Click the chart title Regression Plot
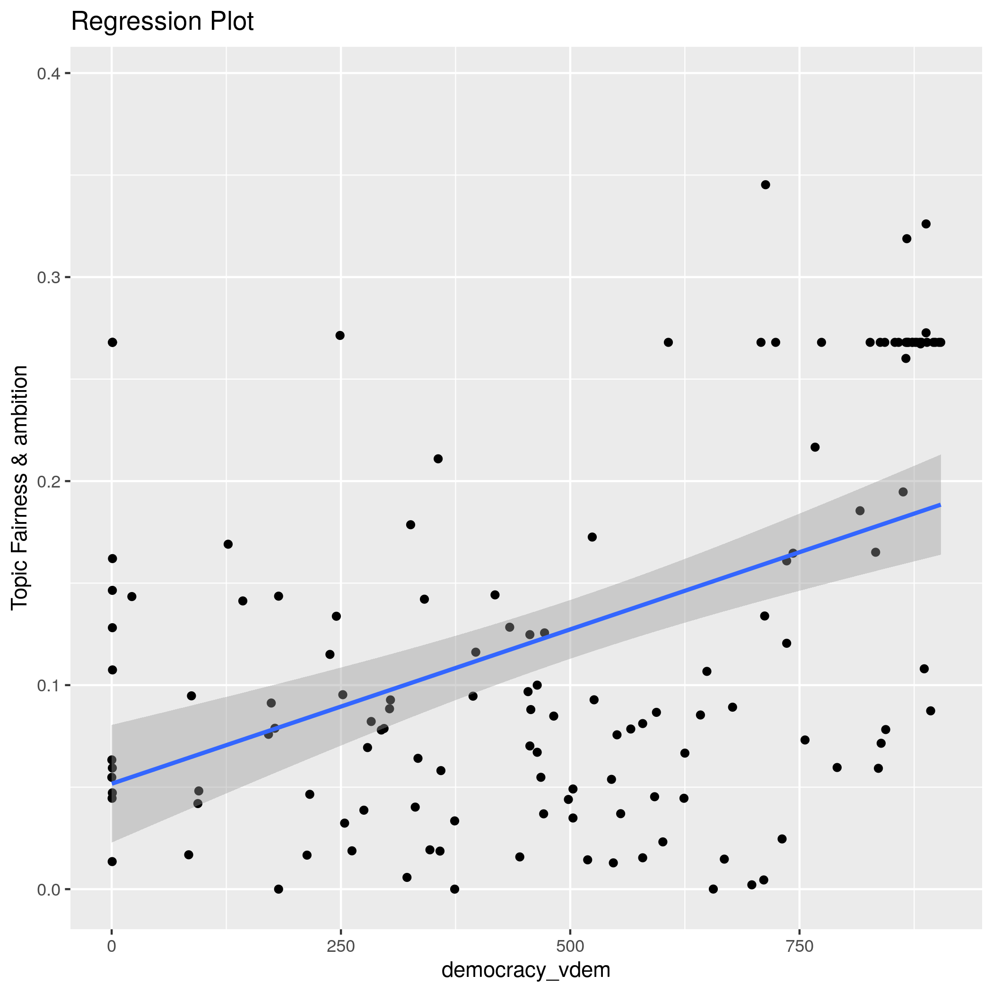pyautogui.click(x=162, y=22)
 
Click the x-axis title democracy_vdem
pyautogui.click(x=526, y=970)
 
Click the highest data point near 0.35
pyautogui.click(x=765, y=184)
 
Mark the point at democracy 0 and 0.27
pyautogui.click(x=112, y=342)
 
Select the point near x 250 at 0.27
pyautogui.click(x=340, y=335)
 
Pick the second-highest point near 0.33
pyautogui.click(x=926, y=224)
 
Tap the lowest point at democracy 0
pyautogui.click(x=112, y=862)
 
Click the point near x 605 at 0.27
pyautogui.click(x=668, y=342)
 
